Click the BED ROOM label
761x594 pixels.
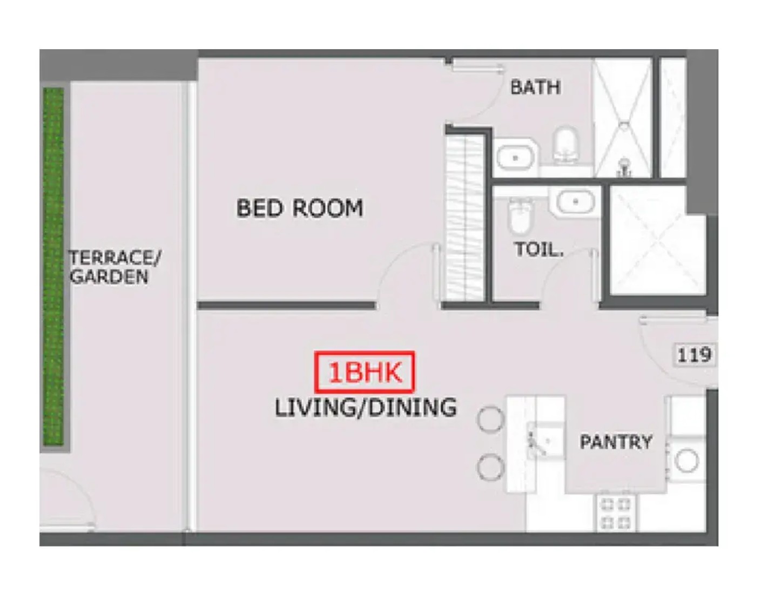pos(300,208)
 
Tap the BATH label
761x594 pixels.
pos(535,87)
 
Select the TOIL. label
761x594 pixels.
pos(539,249)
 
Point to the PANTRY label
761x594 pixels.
pos(616,442)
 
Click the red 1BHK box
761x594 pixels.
pos(365,372)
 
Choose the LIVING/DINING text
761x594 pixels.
pos(366,408)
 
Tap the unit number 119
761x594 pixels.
pos(694,355)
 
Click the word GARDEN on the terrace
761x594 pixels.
pos(109,276)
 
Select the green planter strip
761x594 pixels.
pos(53,266)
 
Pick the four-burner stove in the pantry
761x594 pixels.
pos(616,513)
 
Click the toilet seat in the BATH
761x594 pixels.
pos(564,144)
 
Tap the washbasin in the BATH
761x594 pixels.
pos(515,158)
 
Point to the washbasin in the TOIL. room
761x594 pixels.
pos(575,202)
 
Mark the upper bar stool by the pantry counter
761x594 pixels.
pos(491,420)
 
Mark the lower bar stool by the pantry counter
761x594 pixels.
pos(491,467)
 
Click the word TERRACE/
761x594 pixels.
pos(115,258)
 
